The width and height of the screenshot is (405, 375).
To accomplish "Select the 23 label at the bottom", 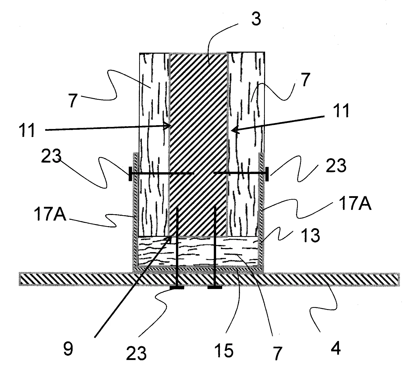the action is (x=136, y=353).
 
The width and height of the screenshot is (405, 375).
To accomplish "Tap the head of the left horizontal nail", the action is (x=130, y=174).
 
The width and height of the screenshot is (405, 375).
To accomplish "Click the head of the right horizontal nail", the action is (x=267, y=174).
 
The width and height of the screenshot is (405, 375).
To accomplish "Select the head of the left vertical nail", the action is (x=177, y=287).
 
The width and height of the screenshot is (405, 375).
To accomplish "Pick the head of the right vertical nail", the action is (x=215, y=287).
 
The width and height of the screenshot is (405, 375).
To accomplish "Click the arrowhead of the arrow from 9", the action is (x=170, y=238).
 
